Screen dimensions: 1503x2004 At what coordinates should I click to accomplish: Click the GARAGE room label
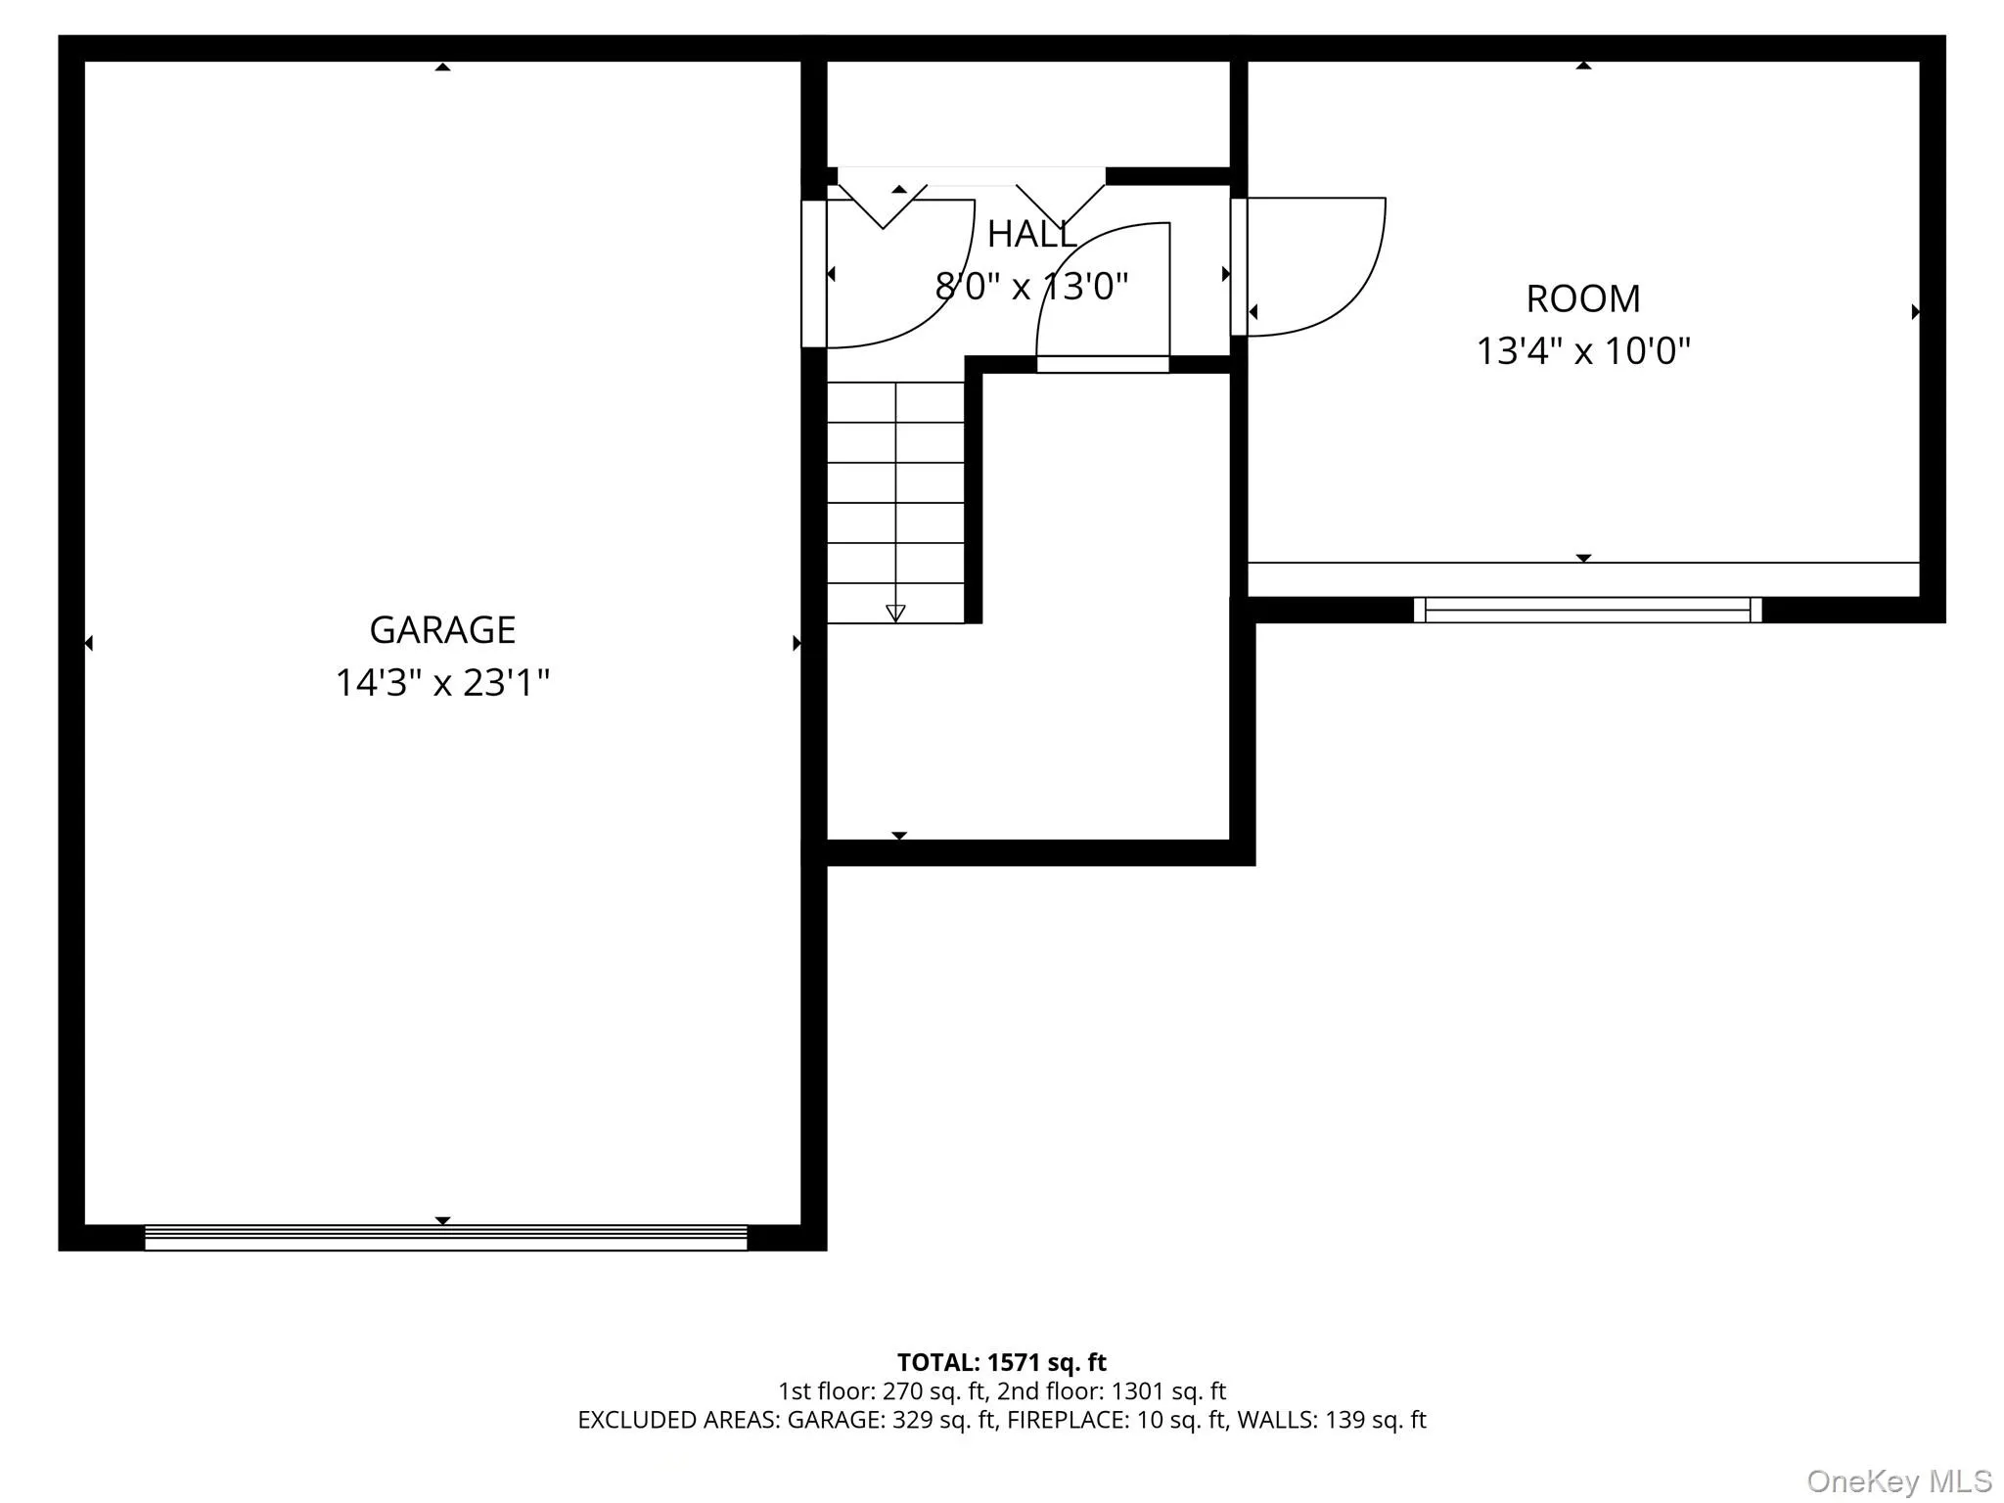tap(442, 630)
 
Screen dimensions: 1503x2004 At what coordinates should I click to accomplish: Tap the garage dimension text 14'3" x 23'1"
tap(442, 682)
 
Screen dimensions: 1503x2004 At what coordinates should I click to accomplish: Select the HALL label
tap(1031, 235)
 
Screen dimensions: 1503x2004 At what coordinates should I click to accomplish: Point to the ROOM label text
tap(1582, 299)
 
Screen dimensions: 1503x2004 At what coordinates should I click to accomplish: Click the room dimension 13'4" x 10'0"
tap(1582, 350)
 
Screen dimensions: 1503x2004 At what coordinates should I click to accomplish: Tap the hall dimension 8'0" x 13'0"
tap(1031, 287)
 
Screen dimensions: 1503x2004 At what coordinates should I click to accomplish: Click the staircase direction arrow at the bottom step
tap(895, 614)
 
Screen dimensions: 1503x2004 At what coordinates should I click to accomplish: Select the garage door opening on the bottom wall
tap(445, 1238)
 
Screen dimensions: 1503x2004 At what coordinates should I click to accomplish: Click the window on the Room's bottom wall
tap(1587, 610)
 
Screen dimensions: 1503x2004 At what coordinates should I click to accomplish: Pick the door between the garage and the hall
tap(814, 274)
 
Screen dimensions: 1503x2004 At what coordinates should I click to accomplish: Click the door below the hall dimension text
tap(1103, 364)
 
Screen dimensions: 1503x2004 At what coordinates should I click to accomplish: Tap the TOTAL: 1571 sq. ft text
tap(1001, 1362)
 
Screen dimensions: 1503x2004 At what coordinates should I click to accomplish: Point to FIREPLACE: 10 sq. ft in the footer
tap(1116, 1420)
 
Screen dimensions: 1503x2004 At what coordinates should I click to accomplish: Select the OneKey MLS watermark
tap(1898, 1480)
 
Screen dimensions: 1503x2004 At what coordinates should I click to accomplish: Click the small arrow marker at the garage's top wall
tap(442, 68)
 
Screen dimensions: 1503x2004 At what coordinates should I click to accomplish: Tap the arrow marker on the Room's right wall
tap(1915, 312)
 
